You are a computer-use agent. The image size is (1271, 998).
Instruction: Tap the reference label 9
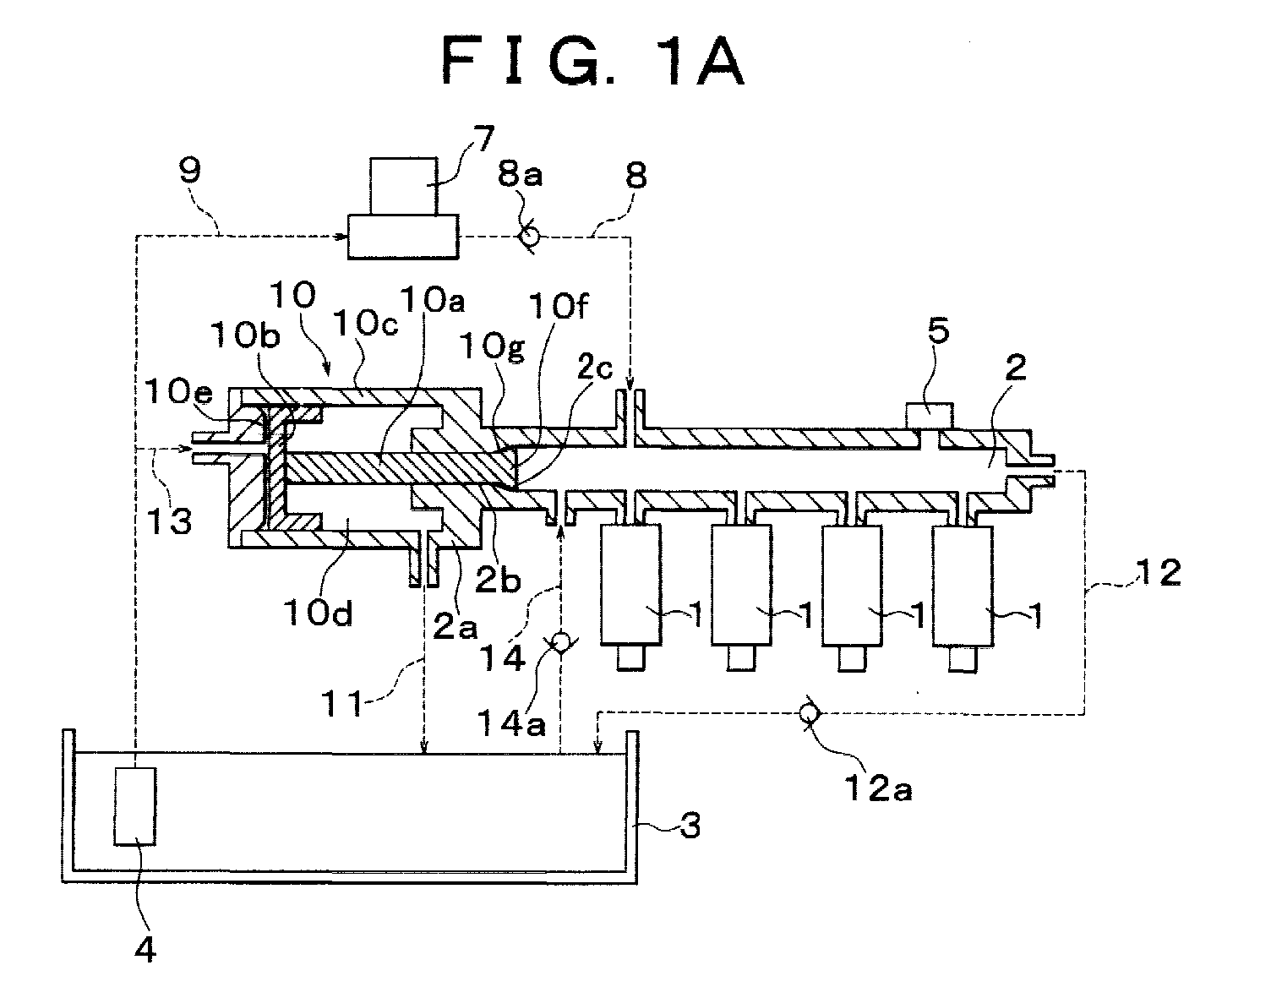pyautogui.click(x=190, y=170)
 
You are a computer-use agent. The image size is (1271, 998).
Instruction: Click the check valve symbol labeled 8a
pyautogui.click(x=530, y=237)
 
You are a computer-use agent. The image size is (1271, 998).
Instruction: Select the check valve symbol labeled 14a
pyautogui.click(x=561, y=642)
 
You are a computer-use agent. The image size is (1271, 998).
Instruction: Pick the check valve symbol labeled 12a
pyautogui.click(x=809, y=713)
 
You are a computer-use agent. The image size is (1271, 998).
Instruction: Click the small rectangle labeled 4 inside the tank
pyautogui.click(x=135, y=806)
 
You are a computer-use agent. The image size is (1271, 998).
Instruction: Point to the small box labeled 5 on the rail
pyautogui.click(x=930, y=416)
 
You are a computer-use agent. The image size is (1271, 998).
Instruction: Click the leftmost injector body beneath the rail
pyautogui.click(x=630, y=585)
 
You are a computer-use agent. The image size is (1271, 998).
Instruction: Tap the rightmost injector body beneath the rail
pyautogui.click(x=963, y=586)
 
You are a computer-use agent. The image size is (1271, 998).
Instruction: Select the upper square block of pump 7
pyautogui.click(x=404, y=186)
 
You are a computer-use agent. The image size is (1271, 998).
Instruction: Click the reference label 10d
pyautogui.click(x=319, y=613)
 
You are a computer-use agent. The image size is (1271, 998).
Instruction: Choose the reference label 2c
pyautogui.click(x=595, y=367)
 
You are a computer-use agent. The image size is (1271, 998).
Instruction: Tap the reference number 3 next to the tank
pyautogui.click(x=690, y=826)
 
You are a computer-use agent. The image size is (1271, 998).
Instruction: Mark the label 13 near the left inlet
pyautogui.click(x=168, y=521)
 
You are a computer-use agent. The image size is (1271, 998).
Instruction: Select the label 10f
pyautogui.click(x=558, y=307)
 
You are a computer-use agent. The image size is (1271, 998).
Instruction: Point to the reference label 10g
pyautogui.click(x=492, y=347)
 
